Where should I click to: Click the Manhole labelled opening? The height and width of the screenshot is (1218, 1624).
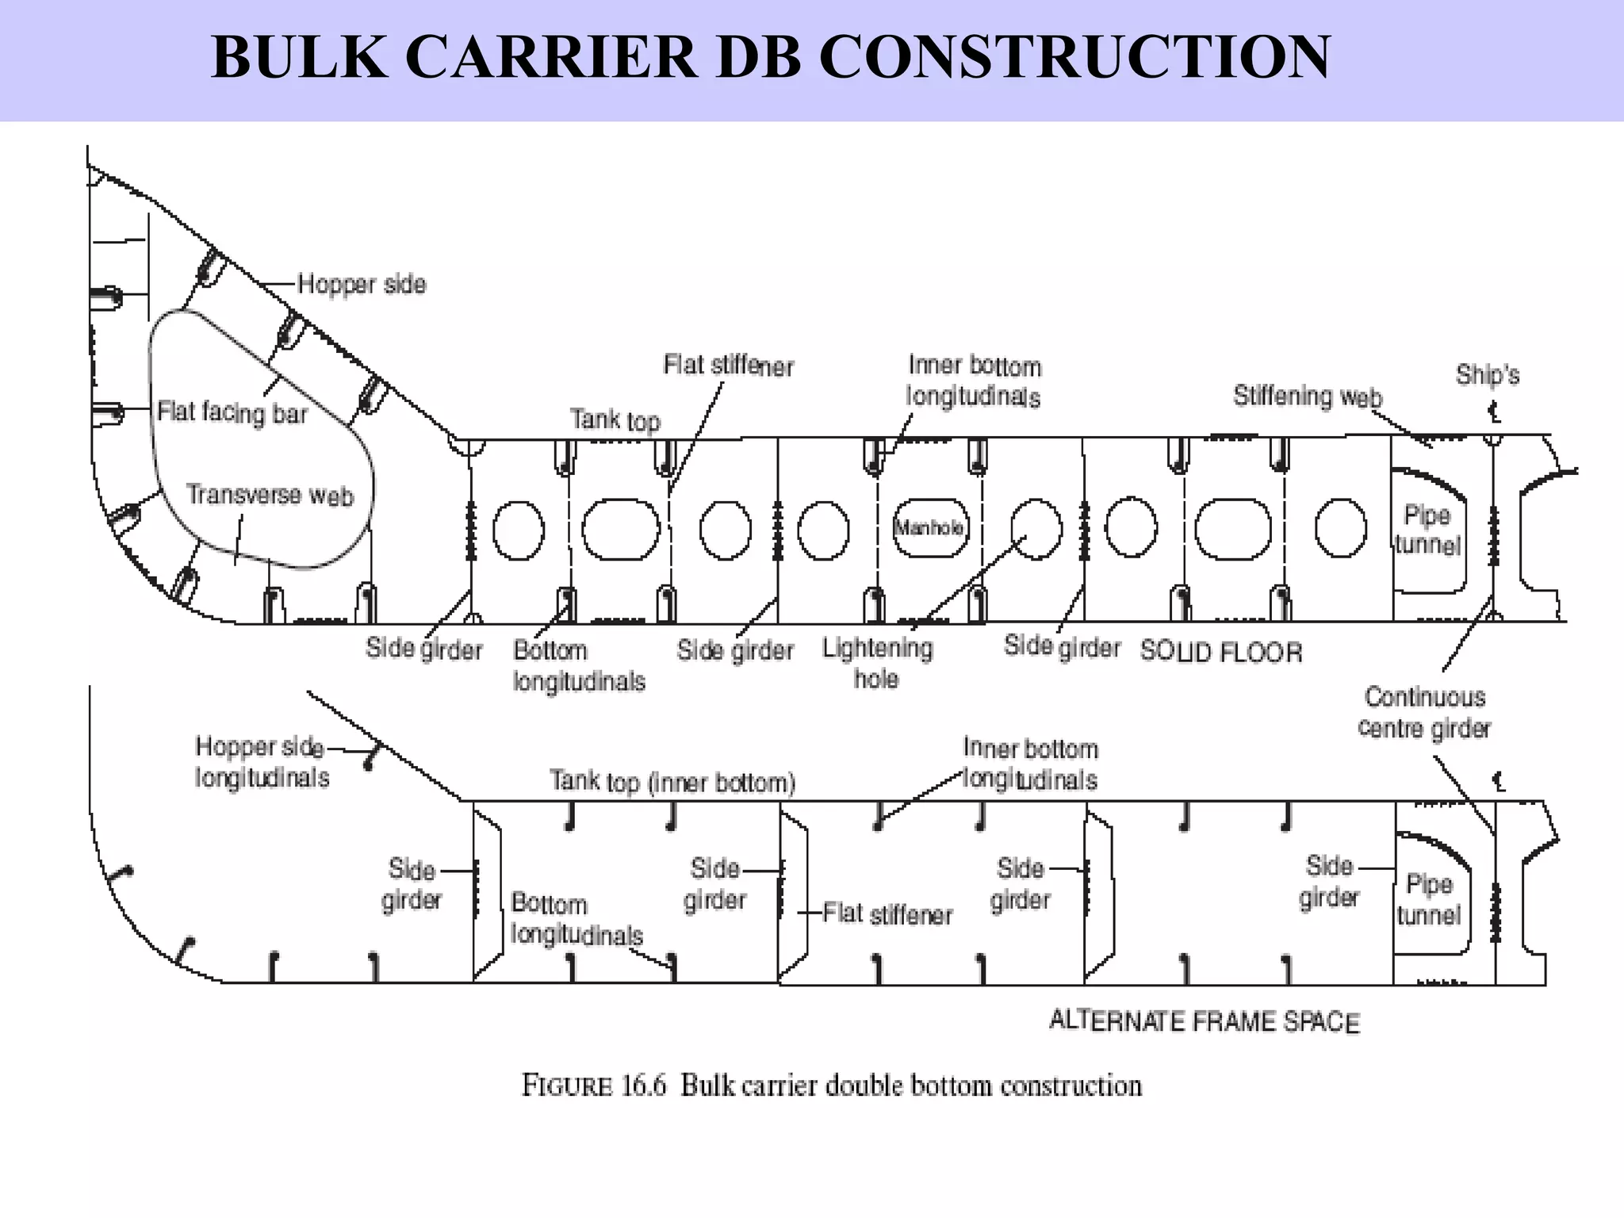coord(929,528)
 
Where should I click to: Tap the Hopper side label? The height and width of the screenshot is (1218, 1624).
coord(362,284)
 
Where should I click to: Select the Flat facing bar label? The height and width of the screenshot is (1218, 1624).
coord(232,412)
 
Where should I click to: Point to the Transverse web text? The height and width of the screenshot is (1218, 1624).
coord(270,495)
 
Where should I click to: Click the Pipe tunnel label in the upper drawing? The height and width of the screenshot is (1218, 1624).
coord(1427,530)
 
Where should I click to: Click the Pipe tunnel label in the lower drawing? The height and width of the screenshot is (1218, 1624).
coord(1428,899)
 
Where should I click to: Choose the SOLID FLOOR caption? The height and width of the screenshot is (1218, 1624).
coord(1221,652)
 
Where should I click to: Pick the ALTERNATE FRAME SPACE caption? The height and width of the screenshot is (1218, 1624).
coord(1204,1021)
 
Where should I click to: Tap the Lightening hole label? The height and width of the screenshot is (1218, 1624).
coord(877,663)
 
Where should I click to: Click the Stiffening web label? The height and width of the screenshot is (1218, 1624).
coord(1307,396)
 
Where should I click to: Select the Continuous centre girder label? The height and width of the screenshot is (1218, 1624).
coord(1424,712)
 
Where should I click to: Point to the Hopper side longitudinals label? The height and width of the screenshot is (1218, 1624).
coord(262,762)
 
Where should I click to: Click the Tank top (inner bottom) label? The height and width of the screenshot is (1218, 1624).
coord(672,782)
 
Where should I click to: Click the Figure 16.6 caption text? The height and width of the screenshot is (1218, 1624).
coord(831,1085)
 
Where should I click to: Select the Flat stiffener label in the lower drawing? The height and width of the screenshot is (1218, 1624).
coord(887,913)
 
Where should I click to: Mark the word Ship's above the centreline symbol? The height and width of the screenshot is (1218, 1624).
coord(1487,374)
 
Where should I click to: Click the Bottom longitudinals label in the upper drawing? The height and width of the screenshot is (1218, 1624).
coord(579,666)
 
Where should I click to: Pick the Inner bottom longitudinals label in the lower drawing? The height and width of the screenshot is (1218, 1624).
coord(1030,764)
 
